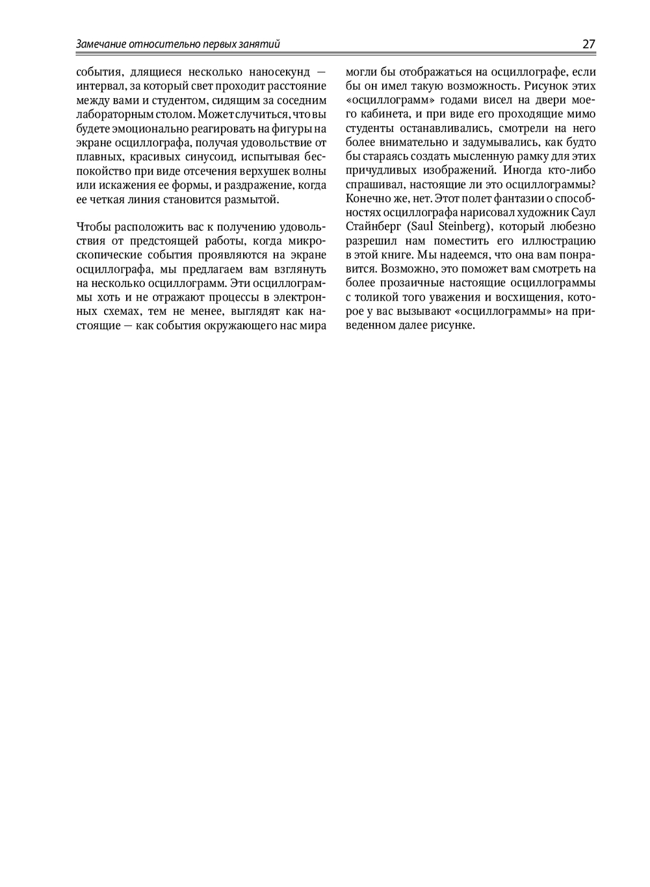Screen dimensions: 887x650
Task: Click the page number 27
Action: click(589, 44)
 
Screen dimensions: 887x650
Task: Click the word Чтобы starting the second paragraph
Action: click(94, 227)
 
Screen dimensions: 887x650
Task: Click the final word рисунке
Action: click(452, 325)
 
